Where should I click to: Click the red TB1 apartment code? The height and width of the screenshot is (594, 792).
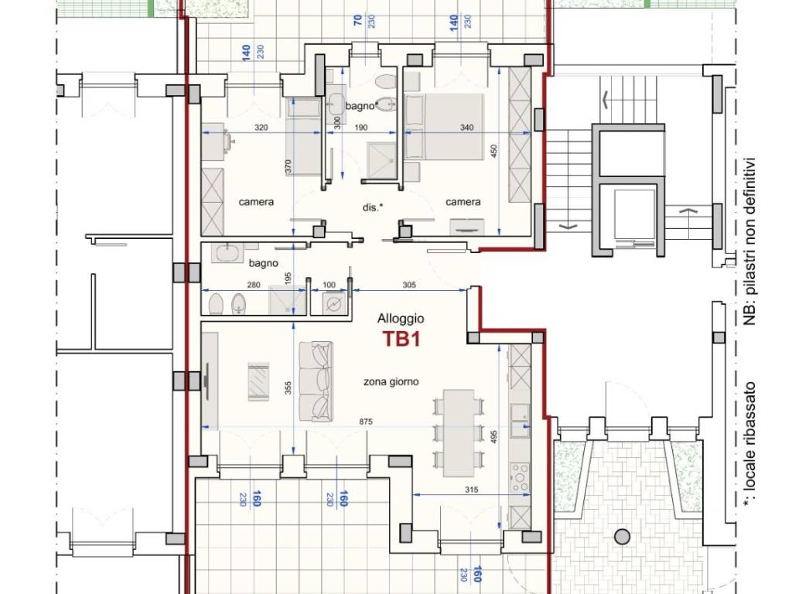[x=401, y=339]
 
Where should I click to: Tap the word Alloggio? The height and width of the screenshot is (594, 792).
[x=401, y=319]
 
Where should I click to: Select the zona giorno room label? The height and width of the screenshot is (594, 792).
[x=391, y=382]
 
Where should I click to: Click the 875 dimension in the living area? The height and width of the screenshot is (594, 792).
[x=366, y=422]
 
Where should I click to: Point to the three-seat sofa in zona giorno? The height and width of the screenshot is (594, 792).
[x=316, y=382]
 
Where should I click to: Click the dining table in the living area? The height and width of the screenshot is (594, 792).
[x=459, y=433]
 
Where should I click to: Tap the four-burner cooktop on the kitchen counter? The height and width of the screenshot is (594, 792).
[x=520, y=476]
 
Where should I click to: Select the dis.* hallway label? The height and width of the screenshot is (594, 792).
[x=373, y=207]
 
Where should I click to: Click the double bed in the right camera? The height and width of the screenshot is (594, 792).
[x=445, y=126]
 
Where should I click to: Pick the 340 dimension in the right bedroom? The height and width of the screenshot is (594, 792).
[x=466, y=128]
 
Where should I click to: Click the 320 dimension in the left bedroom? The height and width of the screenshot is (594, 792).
[x=261, y=128]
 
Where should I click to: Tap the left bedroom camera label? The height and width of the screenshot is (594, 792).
[x=256, y=202]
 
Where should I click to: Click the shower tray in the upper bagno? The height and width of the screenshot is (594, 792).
[x=382, y=160]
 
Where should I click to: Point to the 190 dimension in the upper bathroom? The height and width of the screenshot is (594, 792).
[x=360, y=128]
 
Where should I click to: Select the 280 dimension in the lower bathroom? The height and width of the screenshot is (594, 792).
[x=254, y=285]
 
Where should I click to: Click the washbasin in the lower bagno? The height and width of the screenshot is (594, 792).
[x=227, y=252]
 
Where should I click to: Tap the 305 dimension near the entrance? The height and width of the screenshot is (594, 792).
[x=409, y=285]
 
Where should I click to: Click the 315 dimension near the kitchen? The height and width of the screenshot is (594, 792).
[x=471, y=490]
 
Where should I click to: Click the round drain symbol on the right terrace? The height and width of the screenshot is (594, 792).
[x=623, y=537]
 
